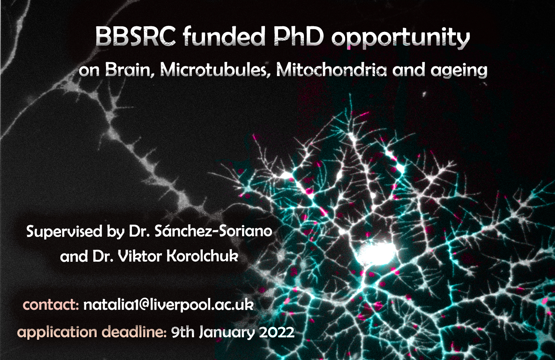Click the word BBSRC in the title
pyautogui.click(x=135, y=37)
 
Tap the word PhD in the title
pyautogui.click(x=298, y=37)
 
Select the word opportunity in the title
pyautogui.click(x=400, y=38)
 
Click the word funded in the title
pyautogui.click(x=224, y=37)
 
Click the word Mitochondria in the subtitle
pyautogui.click(x=331, y=70)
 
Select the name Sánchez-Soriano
pyautogui.click(x=213, y=231)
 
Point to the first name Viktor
pyautogui.click(x=140, y=256)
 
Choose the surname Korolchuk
pyautogui.click(x=202, y=256)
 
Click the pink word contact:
pyautogui.click(x=51, y=305)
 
